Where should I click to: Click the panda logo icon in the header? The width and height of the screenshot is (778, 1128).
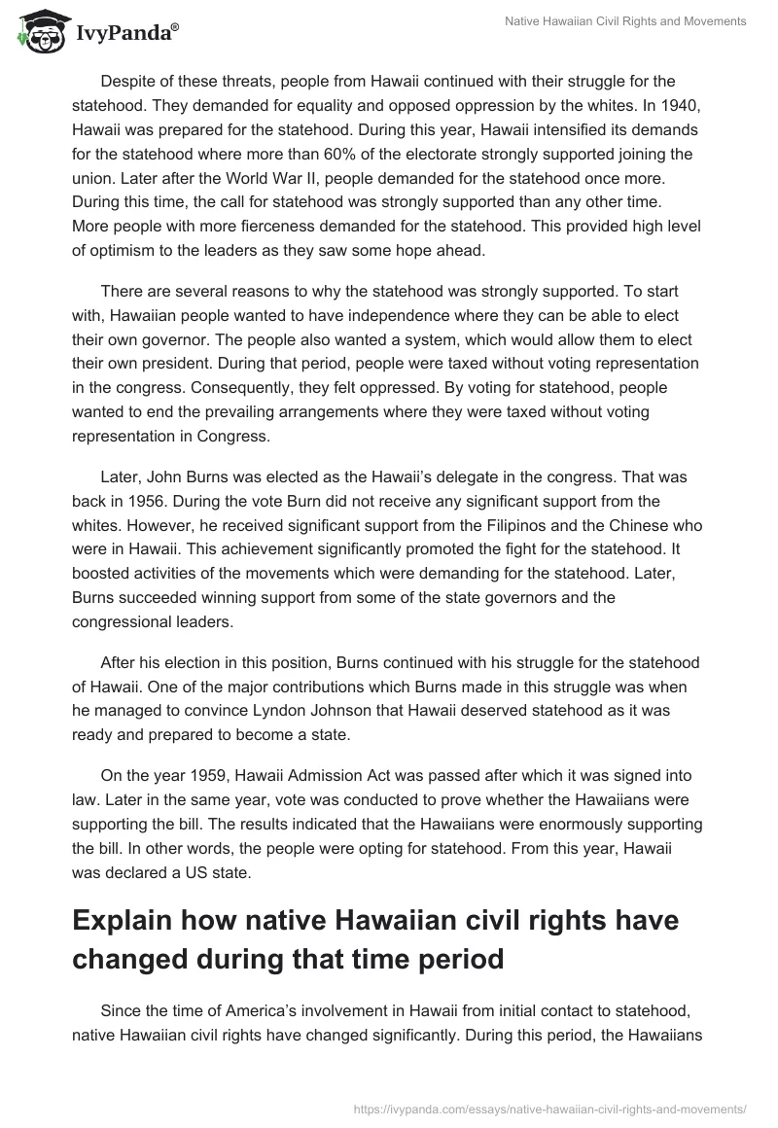pos(40,32)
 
